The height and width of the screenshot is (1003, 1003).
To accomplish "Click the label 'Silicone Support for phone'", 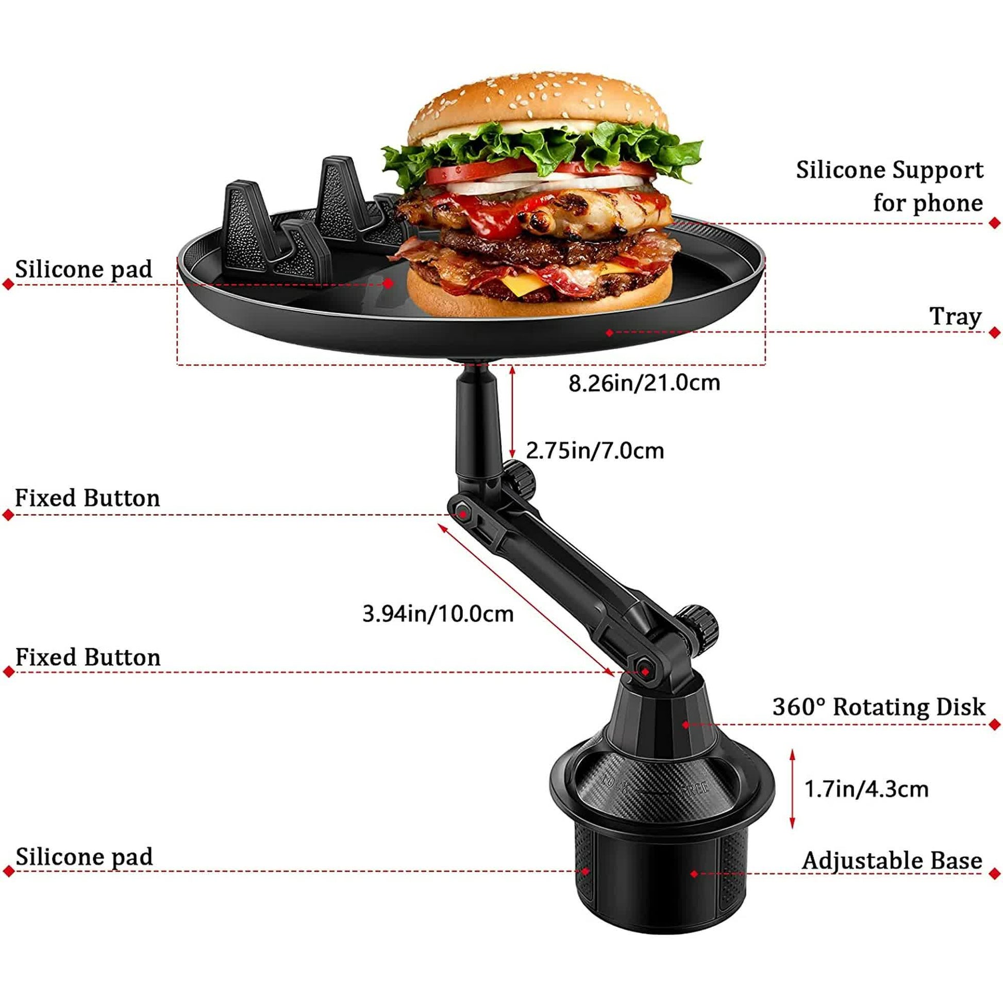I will click(x=889, y=186).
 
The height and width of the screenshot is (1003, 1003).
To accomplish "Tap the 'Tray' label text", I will click(x=955, y=316).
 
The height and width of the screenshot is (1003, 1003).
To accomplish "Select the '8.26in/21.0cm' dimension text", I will click(x=644, y=383).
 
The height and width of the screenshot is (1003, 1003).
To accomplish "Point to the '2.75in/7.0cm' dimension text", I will click(x=594, y=450).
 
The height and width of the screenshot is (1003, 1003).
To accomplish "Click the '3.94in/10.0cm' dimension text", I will click(x=438, y=614).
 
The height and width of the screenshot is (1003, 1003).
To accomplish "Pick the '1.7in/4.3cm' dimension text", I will click(x=866, y=789).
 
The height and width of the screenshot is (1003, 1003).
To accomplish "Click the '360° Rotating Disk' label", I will click(x=878, y=707).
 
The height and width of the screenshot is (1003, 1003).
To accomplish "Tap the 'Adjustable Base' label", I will click(x=891, y=860).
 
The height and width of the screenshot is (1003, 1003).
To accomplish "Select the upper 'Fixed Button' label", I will click(x=87, y=498).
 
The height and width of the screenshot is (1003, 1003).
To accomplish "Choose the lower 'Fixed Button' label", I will click(x=88, y=657).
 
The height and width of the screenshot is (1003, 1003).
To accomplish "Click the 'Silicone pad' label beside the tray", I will click(x=83, y=269).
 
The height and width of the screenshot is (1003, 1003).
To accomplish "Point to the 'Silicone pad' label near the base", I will click(x=84, y=857).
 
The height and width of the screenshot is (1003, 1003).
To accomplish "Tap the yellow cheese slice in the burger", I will click(x=524, y=285).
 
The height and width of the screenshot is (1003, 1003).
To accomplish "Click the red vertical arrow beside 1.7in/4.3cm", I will click(x=792, y=789).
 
